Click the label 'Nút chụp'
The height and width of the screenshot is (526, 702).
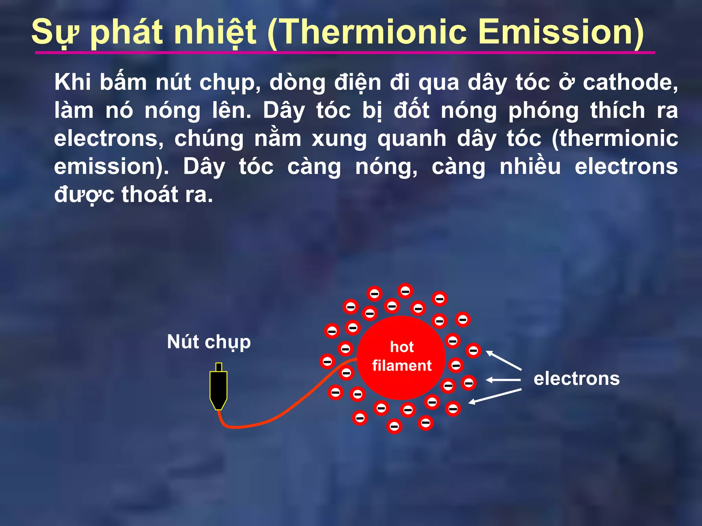[x=209, y=342]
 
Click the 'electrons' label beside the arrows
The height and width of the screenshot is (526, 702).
[x=577, y=379]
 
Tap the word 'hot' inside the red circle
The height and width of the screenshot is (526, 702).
[x=402, y=347]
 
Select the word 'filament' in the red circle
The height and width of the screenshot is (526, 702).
[x=402, y=366]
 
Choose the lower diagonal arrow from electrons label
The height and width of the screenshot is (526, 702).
[x=495, y=396]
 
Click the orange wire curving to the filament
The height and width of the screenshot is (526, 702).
[x=274, y=418]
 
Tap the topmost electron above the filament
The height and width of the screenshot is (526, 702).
[x=405, y=291]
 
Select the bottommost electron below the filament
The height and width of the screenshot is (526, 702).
[x=394, y=426]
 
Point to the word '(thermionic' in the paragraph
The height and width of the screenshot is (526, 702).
[x=615, y=139]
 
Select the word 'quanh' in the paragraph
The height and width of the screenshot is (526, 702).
[x=412, y=139]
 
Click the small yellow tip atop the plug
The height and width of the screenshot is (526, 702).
[x=218, y=367]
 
